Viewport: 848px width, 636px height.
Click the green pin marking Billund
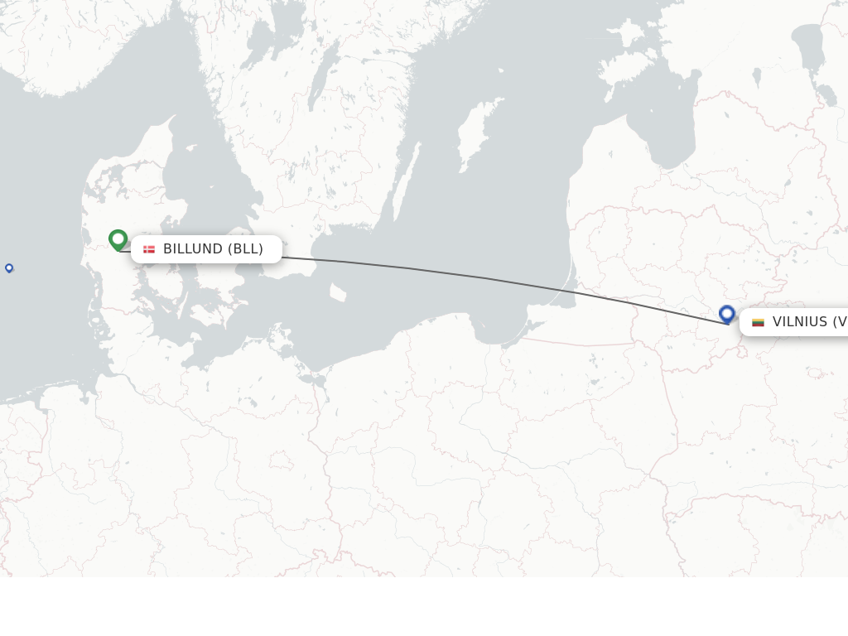(x=118, y=239)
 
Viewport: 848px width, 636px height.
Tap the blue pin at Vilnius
(x=727, y=314)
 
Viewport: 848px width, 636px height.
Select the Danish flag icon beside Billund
(x=149, y=249)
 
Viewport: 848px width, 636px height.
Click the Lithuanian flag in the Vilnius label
(x=758, y=322)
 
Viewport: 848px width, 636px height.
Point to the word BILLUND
(x=193, y=249)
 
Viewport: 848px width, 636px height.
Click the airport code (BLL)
(x=246, y=249)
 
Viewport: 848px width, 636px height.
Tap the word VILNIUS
(x=799, y=322)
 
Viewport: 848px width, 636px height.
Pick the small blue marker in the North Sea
(x=9, y=267)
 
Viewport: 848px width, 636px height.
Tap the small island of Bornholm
(x=337, y=292)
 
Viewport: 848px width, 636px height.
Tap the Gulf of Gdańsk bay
(x=497, y=327)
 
